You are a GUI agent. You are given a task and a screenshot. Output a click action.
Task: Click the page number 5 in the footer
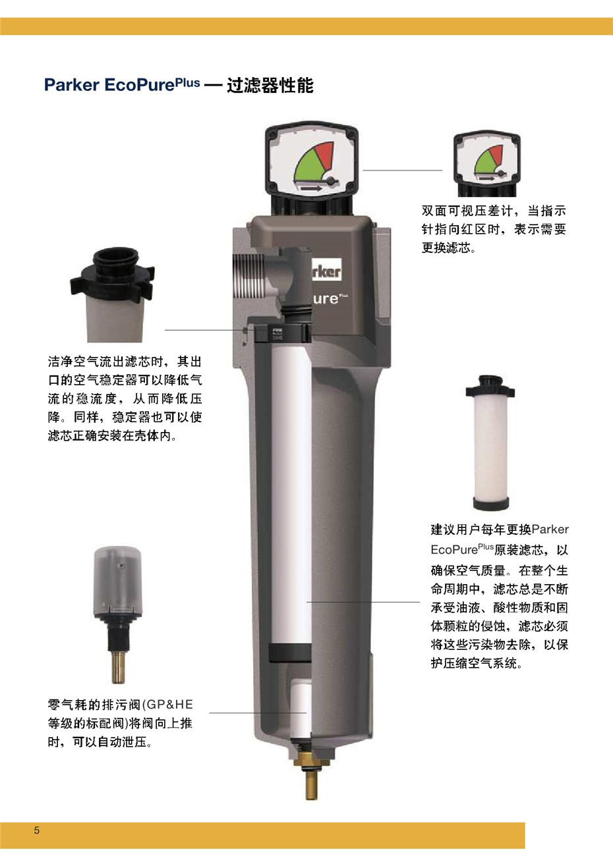pyautogui.click(x=37, y=830)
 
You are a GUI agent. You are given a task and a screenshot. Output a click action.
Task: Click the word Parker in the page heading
pyautogui.click(x=72, y=86)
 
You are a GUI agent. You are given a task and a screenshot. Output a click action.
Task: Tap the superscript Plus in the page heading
pyautogui.click(x=188, y=83)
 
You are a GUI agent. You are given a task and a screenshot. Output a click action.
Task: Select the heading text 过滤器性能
pyautogui.click(x=270, y=86)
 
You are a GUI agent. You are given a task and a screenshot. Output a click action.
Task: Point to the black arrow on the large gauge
pyautogui.click(x=310, y=188)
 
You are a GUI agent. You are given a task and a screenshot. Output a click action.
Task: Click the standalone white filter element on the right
pyautogui.click(x=490, y=448)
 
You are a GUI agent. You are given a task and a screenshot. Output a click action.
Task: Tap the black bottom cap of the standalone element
pyautogui.click(x=490, y=504)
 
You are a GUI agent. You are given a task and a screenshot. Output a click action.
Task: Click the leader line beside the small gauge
pyautogui.click(x=402, y=170)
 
